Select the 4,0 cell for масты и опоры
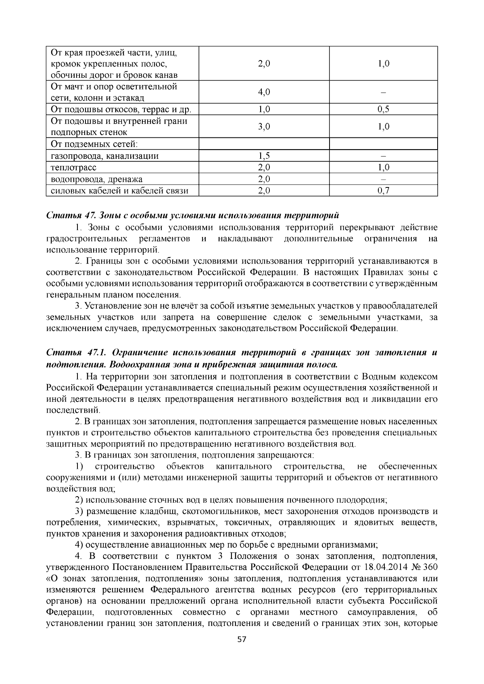264,92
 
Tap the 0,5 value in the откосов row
383,109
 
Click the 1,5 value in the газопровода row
264,156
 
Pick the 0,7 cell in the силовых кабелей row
383,191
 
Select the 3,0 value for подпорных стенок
264,127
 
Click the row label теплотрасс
74,168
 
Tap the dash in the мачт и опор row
383,93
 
